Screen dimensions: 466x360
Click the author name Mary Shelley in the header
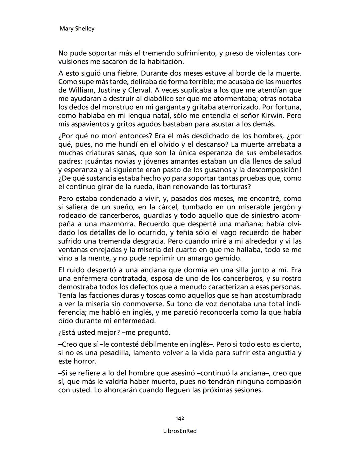77,29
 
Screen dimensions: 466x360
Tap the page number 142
180,418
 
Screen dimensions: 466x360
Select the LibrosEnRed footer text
180,431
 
